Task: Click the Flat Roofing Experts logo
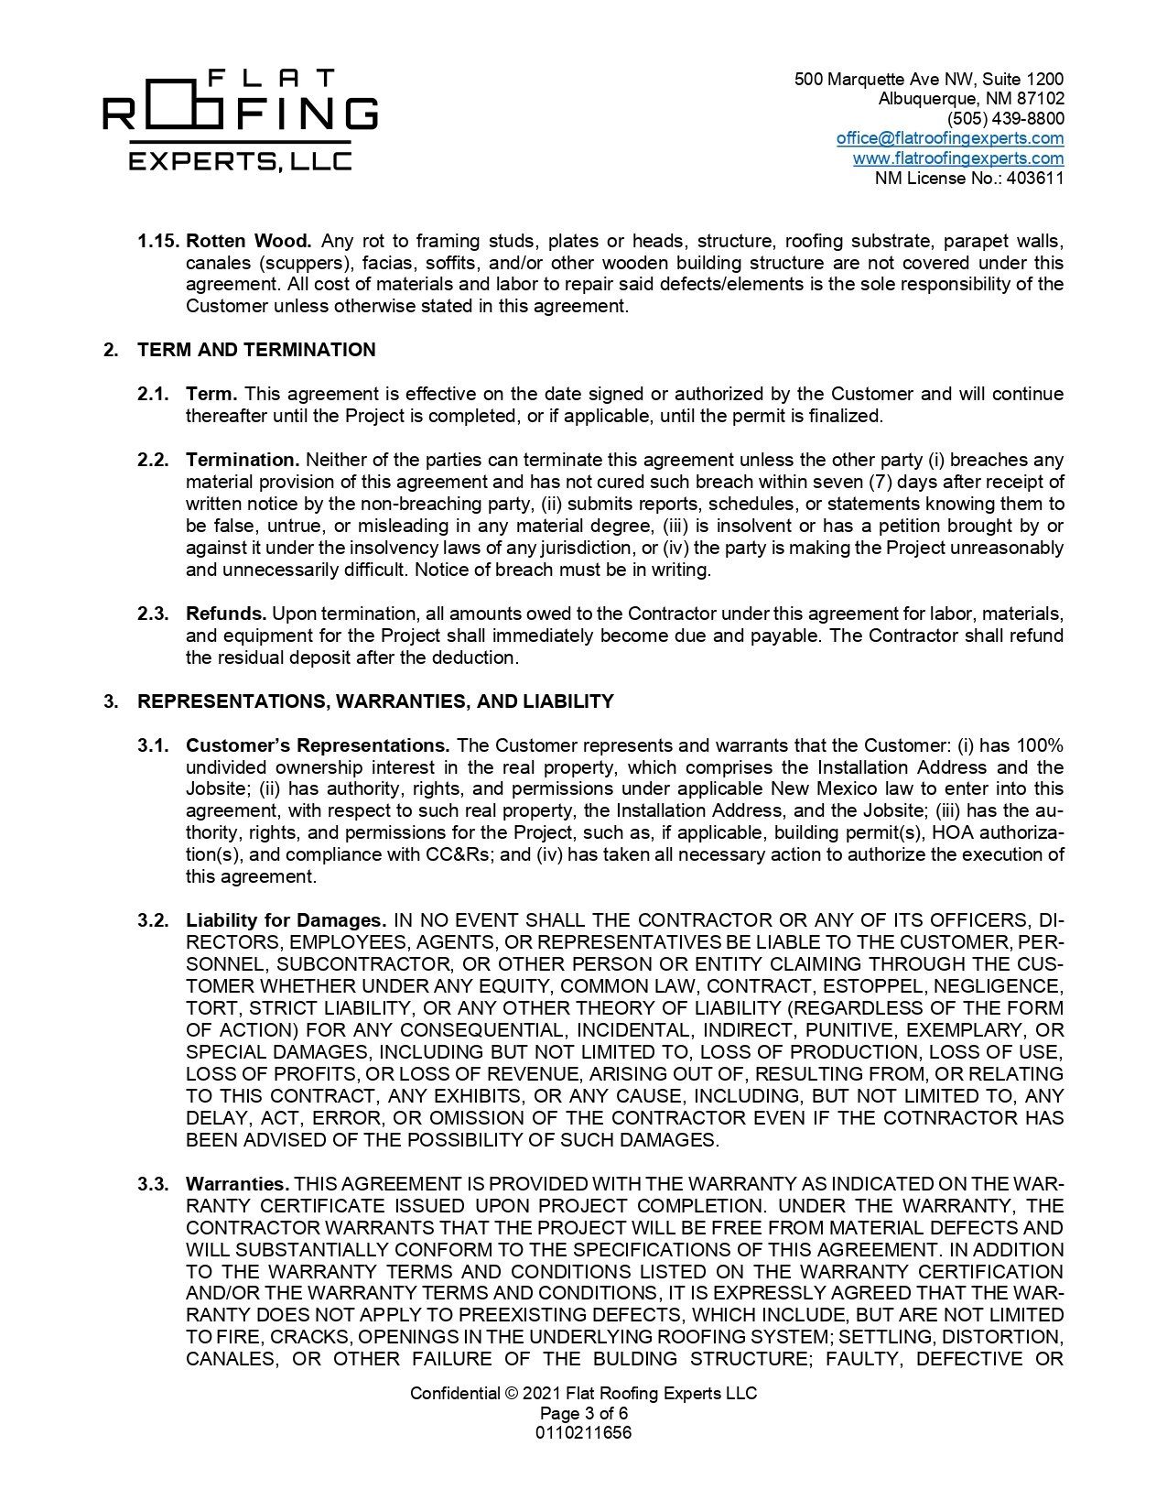click(240, 119)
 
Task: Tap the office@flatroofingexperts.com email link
click(949, 138)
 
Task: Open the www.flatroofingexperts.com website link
click(957, 158)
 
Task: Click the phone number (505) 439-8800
click(1005, 118)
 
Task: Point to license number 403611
click(1035, 179)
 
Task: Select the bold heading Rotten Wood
click(248, 241)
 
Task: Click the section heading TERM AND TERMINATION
click(256, 350)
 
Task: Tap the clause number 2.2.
click(153, 460)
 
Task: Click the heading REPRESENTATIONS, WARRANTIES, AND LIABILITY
click(375, 701)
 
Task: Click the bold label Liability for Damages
click(286, 920)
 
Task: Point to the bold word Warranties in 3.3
click(237, 1184)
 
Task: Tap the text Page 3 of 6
click(583, 1413)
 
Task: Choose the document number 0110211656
click(583, 1433)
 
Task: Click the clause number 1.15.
click(157, 241)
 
